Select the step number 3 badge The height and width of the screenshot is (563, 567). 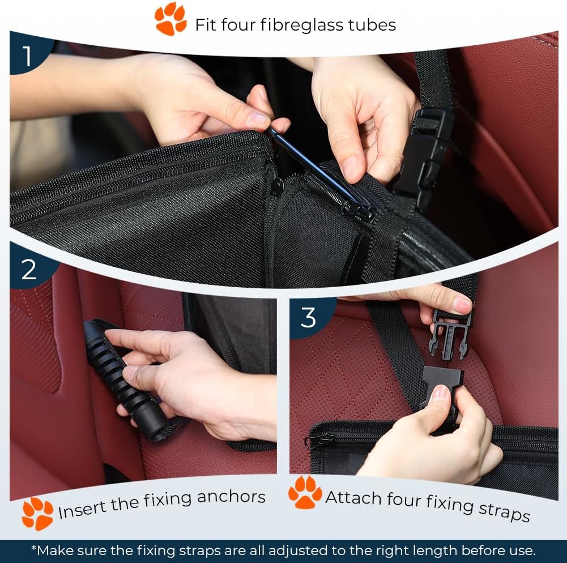click(309, 318)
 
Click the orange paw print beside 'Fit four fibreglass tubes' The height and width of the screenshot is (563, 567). click(170, 19)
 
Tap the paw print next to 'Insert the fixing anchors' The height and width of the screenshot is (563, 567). click(37, 513)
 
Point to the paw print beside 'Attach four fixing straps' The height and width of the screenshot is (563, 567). click(305, 492)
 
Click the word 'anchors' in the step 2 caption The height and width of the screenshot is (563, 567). click(232, 497)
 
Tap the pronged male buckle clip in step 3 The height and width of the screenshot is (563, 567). click(450, 335)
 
